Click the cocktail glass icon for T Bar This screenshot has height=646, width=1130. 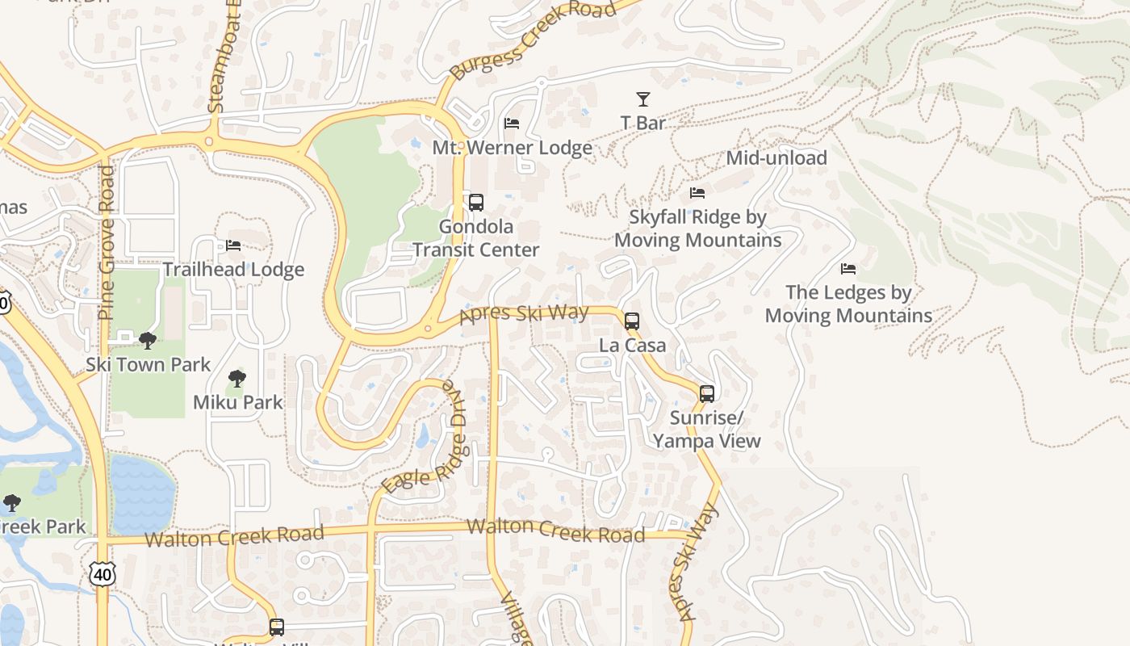[x=642, y=99]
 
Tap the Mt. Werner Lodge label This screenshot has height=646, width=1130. [x=512, y=148]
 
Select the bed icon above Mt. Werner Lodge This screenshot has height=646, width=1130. [x=512, y=124]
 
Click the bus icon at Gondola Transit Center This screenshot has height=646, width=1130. [x=476, y=202]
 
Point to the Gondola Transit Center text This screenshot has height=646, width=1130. [x=476, y=238]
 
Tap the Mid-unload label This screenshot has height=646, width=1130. [x=776, y=158]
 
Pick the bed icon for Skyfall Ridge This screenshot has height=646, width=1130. [x=697, y=193]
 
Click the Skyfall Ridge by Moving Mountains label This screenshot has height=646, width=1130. [x=698, y=229]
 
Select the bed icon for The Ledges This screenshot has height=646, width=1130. [x=848, y=269]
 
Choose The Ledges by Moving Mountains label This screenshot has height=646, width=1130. [x=848, y=304]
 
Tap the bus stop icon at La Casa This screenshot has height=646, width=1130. [x=632, y=321]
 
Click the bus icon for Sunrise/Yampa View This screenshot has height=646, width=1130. [x=707, y=394]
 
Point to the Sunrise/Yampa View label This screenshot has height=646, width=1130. [x=707, y=430]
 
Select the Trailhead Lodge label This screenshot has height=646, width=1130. [x=233, y=270]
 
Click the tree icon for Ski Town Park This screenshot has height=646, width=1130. [x=147, y=341]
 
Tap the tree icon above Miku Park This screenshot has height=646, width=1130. [x=236, y=378]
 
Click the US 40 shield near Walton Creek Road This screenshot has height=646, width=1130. [x=103, y=574]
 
